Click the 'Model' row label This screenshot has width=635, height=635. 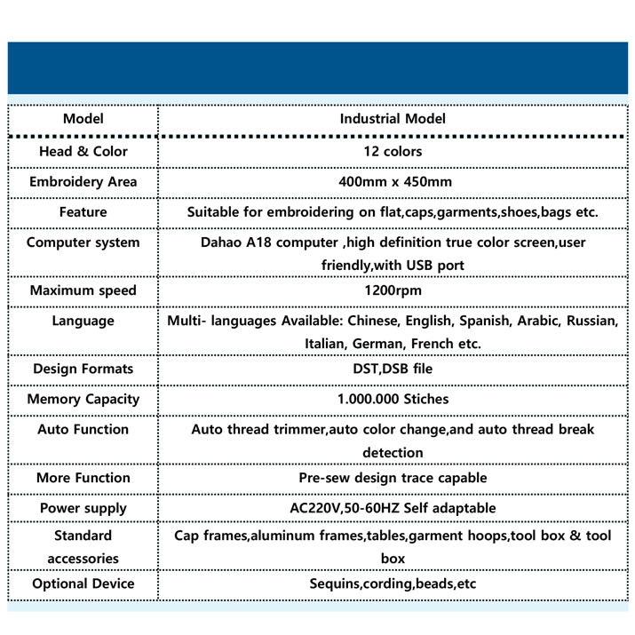[83, 119]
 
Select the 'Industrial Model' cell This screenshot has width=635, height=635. [393, 119]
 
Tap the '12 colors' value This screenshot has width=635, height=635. [393, 151]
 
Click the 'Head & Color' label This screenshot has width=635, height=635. [83, 151]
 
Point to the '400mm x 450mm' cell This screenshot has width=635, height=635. [393, 182]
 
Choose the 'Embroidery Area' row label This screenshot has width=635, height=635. [83, 182]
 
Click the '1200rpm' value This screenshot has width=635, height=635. [393, 290]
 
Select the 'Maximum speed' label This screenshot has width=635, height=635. [83, 290]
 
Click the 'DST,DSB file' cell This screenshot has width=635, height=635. [393, 369]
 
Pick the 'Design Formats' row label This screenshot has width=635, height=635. [83, 369]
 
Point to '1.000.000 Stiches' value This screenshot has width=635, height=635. [393, 399]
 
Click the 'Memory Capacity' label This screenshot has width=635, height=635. [83, 399]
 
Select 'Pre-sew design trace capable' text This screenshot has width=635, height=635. [393, 478]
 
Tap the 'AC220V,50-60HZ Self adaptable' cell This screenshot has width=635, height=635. [393, 508]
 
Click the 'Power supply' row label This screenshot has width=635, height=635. [83, 508]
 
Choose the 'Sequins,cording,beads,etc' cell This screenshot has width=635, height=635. [393, 583]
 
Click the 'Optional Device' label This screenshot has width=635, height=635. [83, 583]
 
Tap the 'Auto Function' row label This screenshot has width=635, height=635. [83, 429]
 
